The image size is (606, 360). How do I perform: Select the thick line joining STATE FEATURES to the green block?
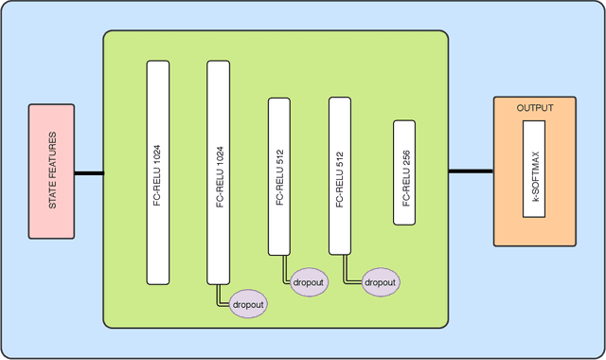coord(89,173)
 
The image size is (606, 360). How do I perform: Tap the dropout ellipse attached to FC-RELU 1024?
coord(248,305)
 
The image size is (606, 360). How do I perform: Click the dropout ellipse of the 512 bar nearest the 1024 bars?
coord(309,282)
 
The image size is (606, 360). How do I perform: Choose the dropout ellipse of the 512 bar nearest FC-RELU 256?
coord(379,282)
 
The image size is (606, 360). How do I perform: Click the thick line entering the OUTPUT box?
coord(470,171)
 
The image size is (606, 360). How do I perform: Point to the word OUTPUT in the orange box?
coord(535,108)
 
